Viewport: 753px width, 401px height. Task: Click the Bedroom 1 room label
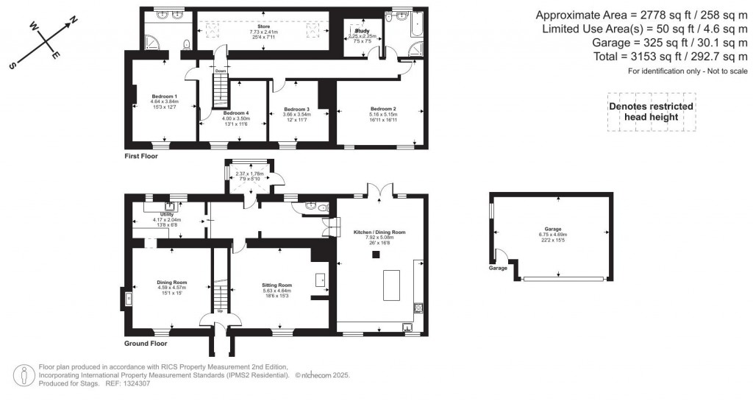pyautogui.click(x=164, y=96)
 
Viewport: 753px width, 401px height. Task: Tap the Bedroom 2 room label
pyautogui.click(x=383, y=108)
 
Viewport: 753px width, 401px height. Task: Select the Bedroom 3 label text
pyautogui.click(x=296, y=109)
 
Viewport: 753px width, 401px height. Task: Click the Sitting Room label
pyautogui.click(x=277, y=284)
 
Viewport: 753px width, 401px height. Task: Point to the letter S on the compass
pyautogui.click(x=13, y=65)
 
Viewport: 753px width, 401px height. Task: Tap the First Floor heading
pyautogui.click(x=141, y=156)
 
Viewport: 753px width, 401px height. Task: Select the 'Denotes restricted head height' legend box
pyautogui.click(x=652, y=112)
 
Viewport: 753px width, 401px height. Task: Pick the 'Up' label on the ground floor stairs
pyautogui.click(x=219, y=310)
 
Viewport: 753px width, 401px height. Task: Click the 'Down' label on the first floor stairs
pyautogui.click(x=220, y=71)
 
